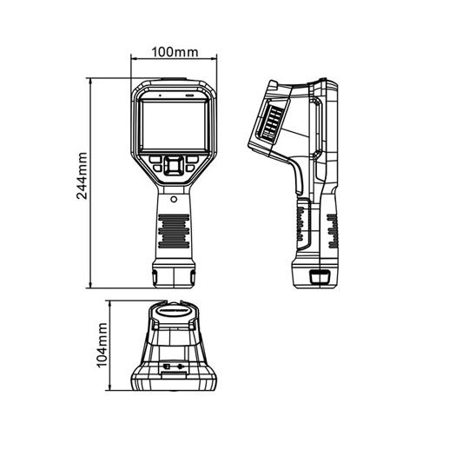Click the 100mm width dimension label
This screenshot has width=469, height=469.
[x=175, y=52]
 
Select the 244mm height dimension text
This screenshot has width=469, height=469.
[x=82, y=175]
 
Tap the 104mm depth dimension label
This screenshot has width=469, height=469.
[x=102, y=345]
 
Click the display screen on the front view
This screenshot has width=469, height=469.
[x=173, y=126]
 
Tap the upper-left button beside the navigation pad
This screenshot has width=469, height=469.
[x=155, y=160]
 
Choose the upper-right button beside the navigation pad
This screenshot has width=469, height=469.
[x=192, y=160]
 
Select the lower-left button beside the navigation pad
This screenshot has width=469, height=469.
[x=157, y=168]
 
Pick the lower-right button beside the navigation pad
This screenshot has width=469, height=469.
[x=190, y=168]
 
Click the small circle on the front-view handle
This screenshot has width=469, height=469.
[x=174, y=199]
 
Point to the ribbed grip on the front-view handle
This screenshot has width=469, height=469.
[x=174, y=231]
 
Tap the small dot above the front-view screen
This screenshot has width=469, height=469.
[x=160, y=96]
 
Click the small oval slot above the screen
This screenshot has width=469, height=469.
[x=189, y=96]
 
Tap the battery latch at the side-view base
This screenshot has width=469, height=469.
[x=320, y=276]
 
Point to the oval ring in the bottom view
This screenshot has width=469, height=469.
[x=175, y=310]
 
